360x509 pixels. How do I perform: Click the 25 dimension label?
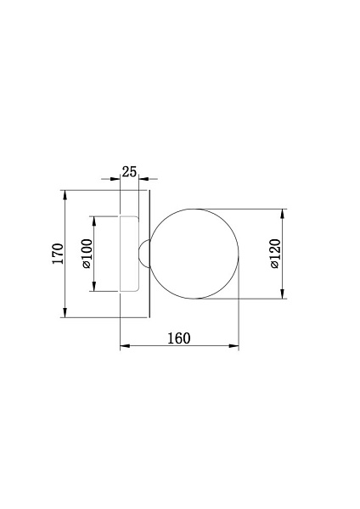(x=129, y=171)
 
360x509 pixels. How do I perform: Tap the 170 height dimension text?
(x=58, y=254)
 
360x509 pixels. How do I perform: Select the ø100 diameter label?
(x=87, y=254)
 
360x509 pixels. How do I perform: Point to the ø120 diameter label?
(x=275, y=254)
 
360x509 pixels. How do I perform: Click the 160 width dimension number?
(x=178, y=338)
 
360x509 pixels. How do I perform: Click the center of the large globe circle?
(x=194, y=254)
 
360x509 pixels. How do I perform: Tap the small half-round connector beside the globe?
(x=143, y=254)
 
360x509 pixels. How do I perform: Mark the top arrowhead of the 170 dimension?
(x=65, y=195)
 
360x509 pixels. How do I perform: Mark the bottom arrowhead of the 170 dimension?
(x=65, y=312)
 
